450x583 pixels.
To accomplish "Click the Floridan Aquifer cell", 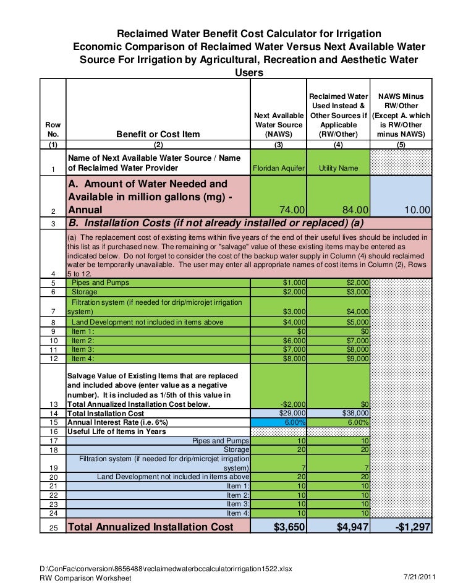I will (x=278, y=169).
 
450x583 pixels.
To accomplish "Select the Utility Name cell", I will (x=338, y=169).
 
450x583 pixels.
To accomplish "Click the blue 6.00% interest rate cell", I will (x=294, y=422).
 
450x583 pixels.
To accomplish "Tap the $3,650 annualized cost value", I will (x=290, y=527).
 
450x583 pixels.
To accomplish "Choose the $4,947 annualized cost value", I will (x=350, y=527).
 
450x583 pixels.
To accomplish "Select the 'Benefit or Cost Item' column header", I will (x=158, y=134).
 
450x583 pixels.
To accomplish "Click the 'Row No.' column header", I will (x=53, y=129).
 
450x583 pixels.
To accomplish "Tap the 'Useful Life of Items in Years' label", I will (x=116, y=432).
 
